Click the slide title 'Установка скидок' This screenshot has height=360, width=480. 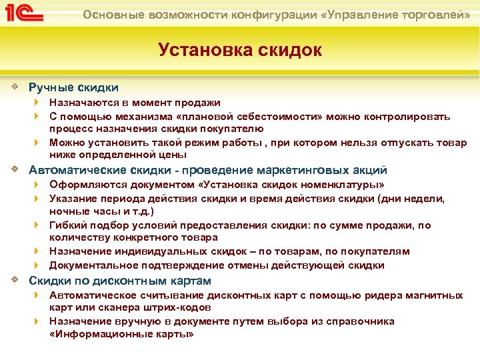(x=239, y=50)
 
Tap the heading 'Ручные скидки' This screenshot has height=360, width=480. (x=73, y=87)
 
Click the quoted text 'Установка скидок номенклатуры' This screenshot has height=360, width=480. (x=293, y=185)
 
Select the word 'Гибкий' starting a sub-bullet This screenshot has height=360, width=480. (x=67, y=225)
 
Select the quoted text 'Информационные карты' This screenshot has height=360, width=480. (x=121, y=334)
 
